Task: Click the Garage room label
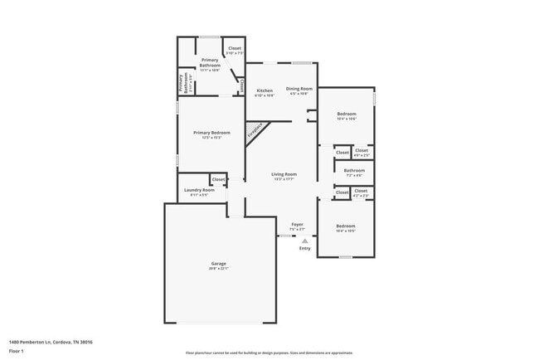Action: (218, 264)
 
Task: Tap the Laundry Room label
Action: (199, 190)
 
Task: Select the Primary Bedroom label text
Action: (211, 133)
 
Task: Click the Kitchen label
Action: (265, 90)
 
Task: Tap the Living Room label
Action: (284, 173)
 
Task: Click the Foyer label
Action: (296, 224)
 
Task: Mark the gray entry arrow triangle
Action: (304, 241)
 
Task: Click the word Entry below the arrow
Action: (304, 248)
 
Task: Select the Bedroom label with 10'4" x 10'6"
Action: (346, 114)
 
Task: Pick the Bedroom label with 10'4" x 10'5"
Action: (346, 226)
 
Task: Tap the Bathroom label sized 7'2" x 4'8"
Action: (354, 170)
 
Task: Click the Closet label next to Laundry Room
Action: (218, 179)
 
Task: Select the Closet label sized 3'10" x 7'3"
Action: (235, 48)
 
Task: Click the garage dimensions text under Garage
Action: (218, 269)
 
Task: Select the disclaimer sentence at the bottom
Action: (269, 352)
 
